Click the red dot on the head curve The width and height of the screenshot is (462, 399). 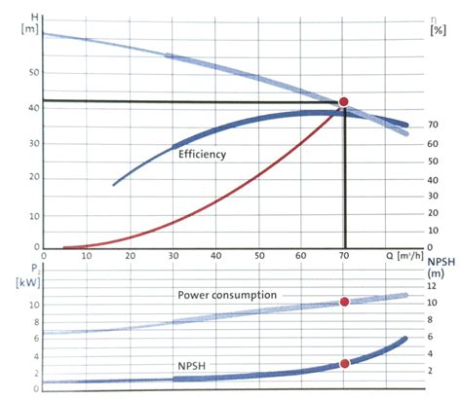(x=343, y=102)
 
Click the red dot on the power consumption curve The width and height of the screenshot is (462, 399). (x=344, y=302)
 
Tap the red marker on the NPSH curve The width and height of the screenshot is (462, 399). (x=344, y=363)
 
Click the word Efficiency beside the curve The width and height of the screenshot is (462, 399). (x=202, y=154)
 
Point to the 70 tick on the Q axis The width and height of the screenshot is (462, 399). (x=343, y=257)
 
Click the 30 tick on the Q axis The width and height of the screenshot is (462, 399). (x=172, y=257)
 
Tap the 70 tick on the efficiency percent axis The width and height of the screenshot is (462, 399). (x=432, y=126)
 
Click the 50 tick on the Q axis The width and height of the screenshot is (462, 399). (x=258, y=257)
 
